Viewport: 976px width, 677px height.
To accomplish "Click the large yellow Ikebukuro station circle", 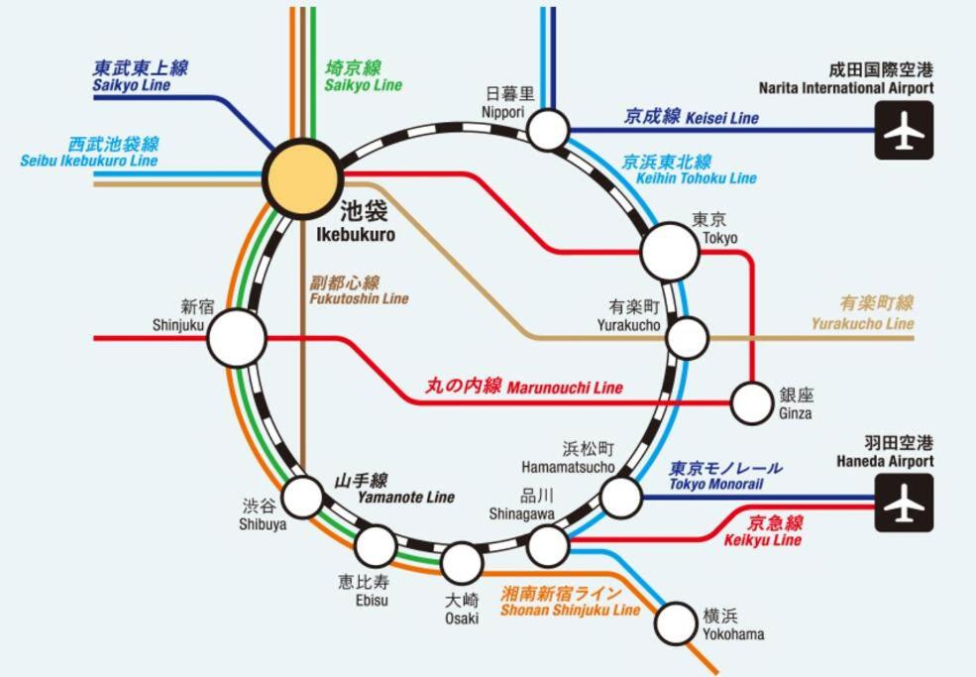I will pos(302,178).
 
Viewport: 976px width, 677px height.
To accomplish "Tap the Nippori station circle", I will pos(548,130).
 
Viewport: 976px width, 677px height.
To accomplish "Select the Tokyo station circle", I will pos(670,251).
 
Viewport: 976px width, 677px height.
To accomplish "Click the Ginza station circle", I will pos(751,403).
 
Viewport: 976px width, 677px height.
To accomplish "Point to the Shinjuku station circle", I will pos(237,338).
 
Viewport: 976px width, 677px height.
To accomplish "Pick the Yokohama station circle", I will pos(676,622).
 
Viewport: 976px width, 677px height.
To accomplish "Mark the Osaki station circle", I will pos(462,563).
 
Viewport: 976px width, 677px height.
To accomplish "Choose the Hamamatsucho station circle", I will pos(621,497).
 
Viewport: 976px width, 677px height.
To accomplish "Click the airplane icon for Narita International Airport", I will pos(904,130).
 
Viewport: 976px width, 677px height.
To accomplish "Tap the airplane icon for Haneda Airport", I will pos(904,503).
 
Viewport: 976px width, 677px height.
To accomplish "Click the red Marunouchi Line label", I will pos(524,387).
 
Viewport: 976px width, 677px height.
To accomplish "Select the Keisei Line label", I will pos(691,117).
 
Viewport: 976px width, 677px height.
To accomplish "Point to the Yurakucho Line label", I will pos(862,313).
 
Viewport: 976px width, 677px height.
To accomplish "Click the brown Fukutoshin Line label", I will pos(359,290).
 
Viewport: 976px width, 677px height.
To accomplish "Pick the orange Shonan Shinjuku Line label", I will pos(570,602).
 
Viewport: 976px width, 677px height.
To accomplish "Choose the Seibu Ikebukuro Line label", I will pos(88,152).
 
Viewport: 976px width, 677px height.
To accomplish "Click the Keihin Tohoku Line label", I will pos(688,169).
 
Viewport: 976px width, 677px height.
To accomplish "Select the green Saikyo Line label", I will pos(363,76).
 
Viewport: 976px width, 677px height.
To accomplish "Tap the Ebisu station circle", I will pos(376,545).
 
